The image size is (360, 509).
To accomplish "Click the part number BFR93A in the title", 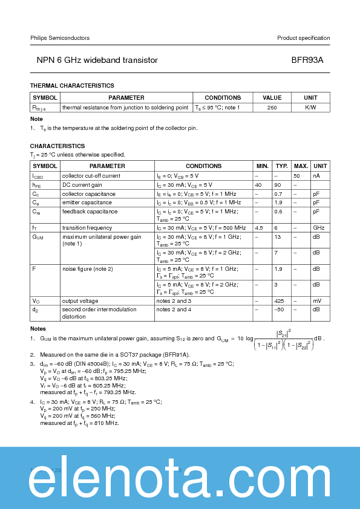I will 312,60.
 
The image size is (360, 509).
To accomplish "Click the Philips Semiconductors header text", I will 60,38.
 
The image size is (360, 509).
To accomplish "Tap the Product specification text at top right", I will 303,38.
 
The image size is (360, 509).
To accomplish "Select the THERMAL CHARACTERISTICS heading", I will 72,86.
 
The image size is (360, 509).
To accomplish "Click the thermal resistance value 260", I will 272,107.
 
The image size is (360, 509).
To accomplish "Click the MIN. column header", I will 263,166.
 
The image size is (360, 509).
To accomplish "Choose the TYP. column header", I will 282,166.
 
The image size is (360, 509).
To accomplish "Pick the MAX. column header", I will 301,166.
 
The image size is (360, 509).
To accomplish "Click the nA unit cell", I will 316,175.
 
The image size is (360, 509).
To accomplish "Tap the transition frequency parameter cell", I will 87,228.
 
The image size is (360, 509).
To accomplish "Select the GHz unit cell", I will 318,228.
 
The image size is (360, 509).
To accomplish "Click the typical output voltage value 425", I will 280,300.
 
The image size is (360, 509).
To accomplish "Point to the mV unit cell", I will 316,300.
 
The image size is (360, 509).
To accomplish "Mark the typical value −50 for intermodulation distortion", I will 280,310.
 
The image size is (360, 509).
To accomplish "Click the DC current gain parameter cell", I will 82,184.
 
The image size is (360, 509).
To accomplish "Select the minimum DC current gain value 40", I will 258,184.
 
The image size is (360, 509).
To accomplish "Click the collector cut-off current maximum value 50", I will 296,175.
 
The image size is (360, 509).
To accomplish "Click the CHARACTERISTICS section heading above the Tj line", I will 57,146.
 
